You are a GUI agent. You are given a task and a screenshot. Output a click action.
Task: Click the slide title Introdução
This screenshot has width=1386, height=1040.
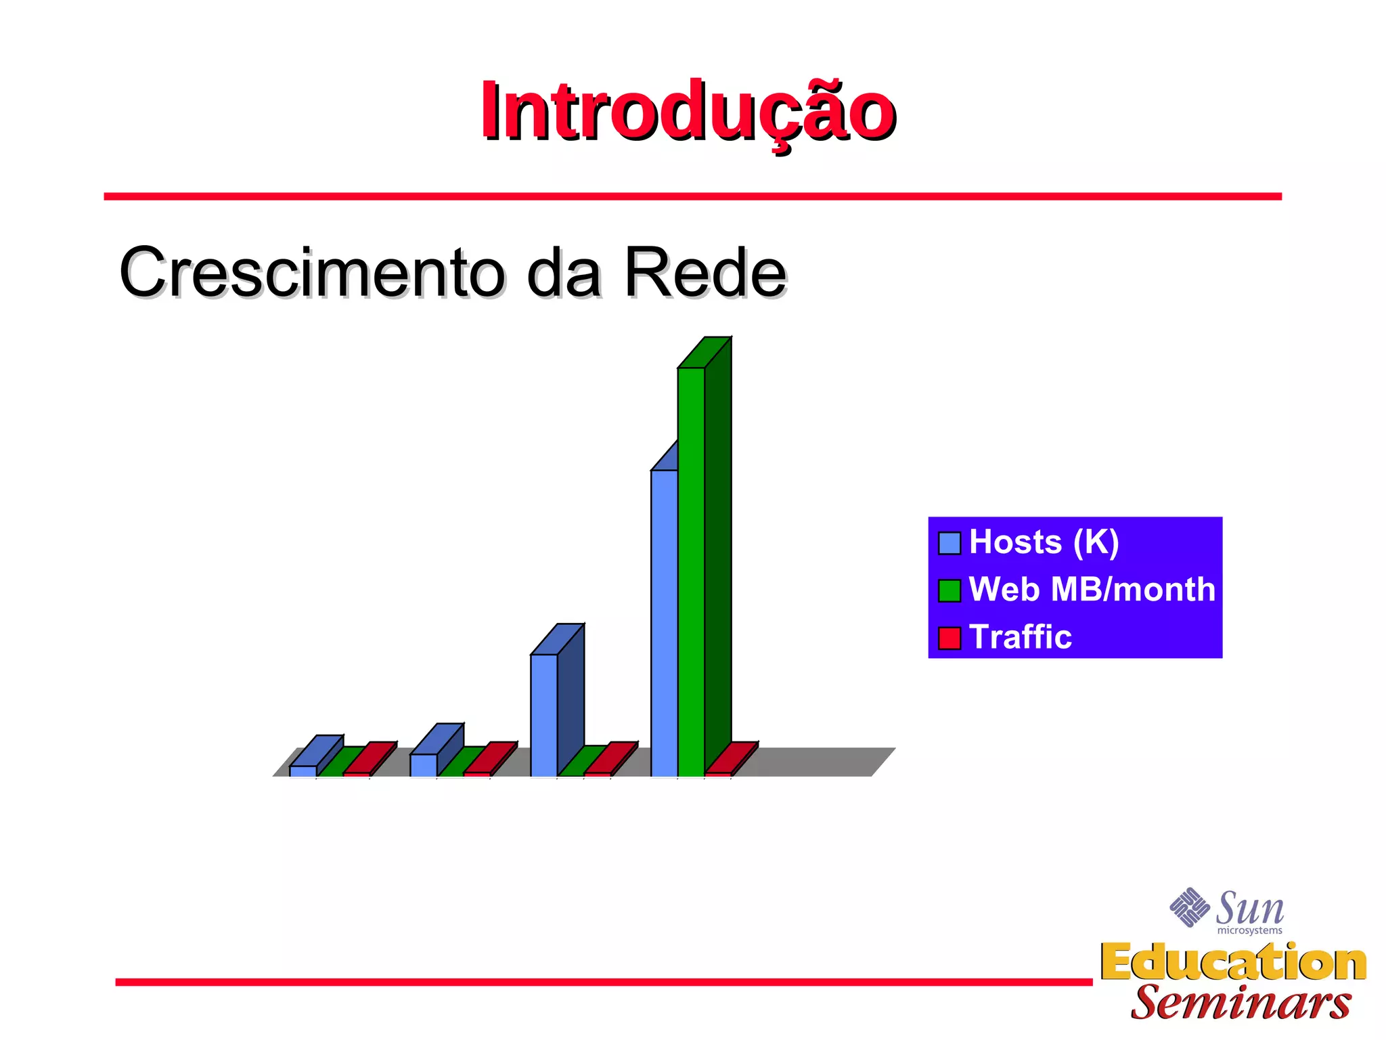click(x=688, y=112)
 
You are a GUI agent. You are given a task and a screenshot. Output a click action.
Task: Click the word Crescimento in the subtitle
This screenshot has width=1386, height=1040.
click(x=312, y=272)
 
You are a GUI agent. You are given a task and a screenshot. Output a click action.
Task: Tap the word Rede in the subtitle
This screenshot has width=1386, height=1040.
click(x=705, y=272)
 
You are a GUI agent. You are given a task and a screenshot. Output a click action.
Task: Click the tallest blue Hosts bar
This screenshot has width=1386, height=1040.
click(x=664, y=623)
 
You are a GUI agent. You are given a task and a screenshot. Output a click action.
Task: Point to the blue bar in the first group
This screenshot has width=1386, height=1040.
click(x=303, y=771)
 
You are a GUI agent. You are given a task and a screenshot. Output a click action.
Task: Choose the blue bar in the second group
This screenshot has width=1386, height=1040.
click(x=423, y=764)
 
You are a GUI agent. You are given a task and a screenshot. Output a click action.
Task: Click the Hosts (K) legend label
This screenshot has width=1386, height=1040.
click(x=1044, y=542)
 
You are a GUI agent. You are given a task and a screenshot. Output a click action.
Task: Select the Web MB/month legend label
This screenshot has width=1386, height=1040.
click(x=1092, y=589)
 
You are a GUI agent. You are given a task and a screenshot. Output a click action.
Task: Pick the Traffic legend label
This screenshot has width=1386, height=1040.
click(x=1020, y=637)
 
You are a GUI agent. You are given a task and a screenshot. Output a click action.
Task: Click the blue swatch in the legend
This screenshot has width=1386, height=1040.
click(x=949, y=543)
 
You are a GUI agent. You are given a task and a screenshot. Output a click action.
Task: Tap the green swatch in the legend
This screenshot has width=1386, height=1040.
click(x=949, y=590)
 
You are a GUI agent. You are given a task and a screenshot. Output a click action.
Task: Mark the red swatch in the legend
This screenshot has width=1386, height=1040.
click(x=949, y=638)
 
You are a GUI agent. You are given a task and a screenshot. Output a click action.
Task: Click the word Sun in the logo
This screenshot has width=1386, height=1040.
click(x=1249, y=909)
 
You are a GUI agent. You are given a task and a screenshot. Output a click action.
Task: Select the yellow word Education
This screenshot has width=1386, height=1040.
click(x=1233, y=962)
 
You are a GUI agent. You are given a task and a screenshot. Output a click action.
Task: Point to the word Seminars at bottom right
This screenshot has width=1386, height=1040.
click(x=1240, y=1003)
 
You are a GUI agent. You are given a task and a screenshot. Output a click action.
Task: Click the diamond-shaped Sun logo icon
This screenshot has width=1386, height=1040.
click(x=1189, y=907)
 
